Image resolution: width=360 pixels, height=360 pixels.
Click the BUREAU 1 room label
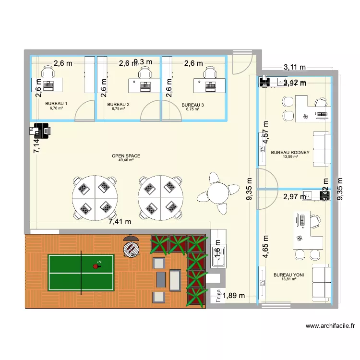[56, 104]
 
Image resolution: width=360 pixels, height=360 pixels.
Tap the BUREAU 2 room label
[119, 104]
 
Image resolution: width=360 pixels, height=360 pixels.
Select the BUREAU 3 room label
[192, 104]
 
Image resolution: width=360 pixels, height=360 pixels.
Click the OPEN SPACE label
[126, 156]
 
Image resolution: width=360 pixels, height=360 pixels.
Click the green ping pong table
[81, 270]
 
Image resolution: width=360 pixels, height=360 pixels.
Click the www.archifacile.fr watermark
[331, 326]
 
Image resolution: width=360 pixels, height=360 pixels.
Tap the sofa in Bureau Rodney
[322, 149]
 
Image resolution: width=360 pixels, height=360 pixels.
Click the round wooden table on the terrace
[130, 249]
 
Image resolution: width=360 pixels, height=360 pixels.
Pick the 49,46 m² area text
[126, 160]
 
